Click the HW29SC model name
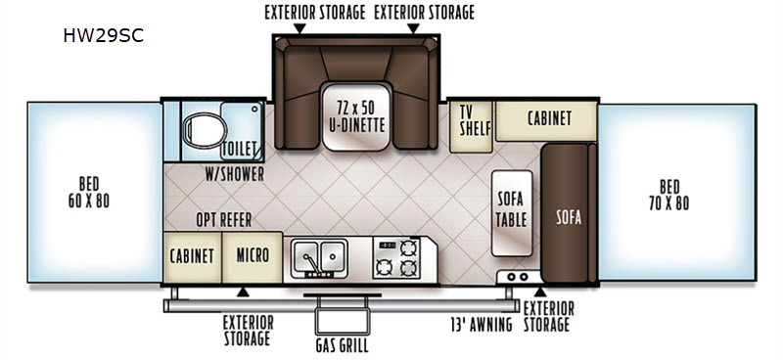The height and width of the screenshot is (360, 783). tap(103, 36)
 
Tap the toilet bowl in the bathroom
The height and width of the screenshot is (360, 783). tap(205, 130)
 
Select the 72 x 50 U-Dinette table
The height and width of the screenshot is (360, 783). tap(355, 116)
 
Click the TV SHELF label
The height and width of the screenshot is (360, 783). tap(470, 120)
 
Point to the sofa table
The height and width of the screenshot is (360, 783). tap(512, 213)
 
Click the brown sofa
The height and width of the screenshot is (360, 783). tap(569, 213)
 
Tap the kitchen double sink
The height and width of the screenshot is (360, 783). tap(320, 257)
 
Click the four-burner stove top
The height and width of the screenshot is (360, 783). tap(396, 257)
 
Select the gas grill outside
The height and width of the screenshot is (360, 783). tap(343, 315)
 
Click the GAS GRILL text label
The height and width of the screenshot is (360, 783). tap(343, 345)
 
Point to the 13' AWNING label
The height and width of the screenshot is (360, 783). tap(482, 325)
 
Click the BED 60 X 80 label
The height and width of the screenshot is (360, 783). tap(88, 192)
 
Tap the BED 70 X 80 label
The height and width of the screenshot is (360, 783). tap(669, 195)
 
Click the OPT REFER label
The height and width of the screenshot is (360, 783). tap(224, 220)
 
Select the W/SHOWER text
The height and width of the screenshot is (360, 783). tap(234, 174)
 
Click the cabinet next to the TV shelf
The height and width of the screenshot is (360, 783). tap(547, 120)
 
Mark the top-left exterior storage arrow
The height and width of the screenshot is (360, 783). tap(299, 29)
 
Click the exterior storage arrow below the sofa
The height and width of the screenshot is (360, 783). tap(540, 292)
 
